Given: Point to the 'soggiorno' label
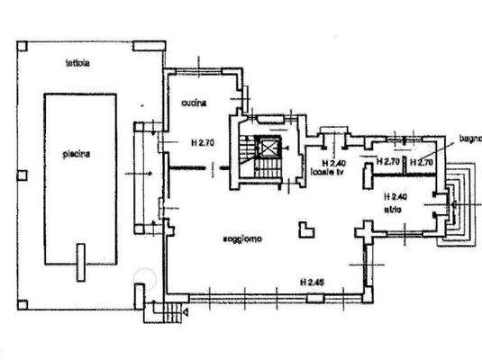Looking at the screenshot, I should pos(243,239).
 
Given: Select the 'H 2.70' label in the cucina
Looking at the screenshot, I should pos(203,142).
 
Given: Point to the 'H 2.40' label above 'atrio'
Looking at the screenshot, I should pos(395,196).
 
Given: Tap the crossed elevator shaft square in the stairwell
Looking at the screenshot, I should pos(268,147).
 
